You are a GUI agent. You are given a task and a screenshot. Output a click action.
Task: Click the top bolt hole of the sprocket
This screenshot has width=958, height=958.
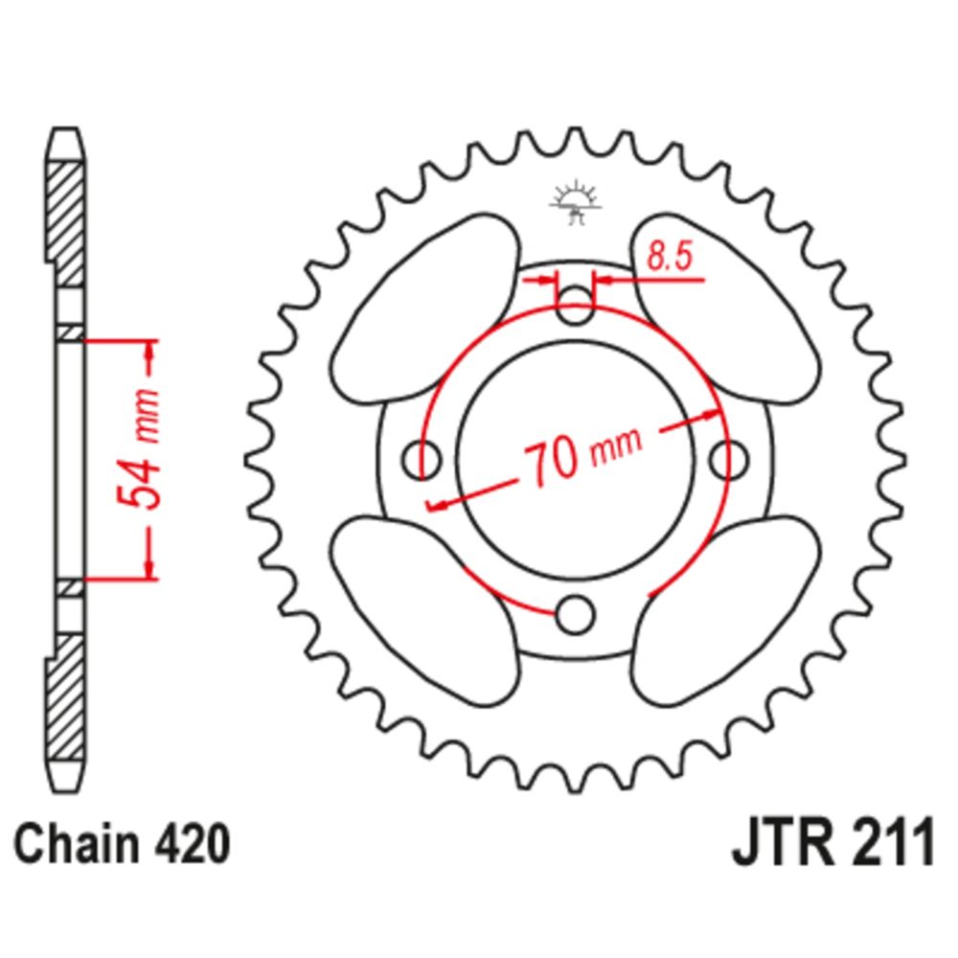pyautogui.click(x=575, y=305)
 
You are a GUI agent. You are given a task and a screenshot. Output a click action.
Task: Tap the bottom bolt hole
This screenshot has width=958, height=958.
pyautogui.click(x=575, y=613)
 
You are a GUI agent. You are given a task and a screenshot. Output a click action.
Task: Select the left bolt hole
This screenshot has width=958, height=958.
pyautogui.click(x=422, y=458)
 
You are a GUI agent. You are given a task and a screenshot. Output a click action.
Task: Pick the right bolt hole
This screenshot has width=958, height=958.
pyautogui.click(x=729, y=459)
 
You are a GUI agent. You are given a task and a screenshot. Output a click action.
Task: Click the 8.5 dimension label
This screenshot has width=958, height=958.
pyautogui.click(x=669, y=257)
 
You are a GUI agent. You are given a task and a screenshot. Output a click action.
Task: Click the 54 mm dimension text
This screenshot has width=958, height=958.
pyautogui.click(x=139, y=449)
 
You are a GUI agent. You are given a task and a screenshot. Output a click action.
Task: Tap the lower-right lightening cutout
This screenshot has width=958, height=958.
pyautogui.click(x=726, y=611)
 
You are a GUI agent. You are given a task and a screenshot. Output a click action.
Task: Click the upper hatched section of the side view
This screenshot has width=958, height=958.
pyautogui.click(x=65, y=224)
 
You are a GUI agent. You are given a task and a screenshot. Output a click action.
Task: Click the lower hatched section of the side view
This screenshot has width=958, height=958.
pyautogui.click(x=65, y=697)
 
